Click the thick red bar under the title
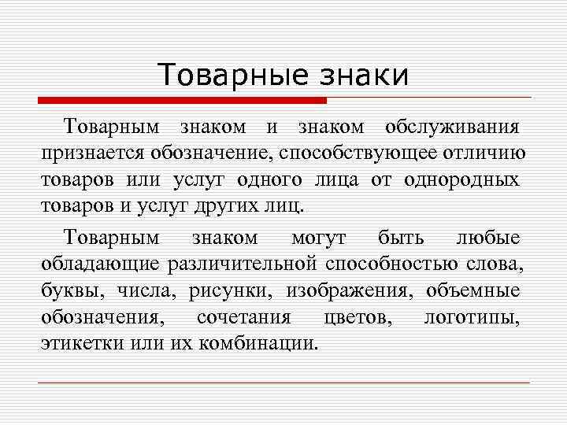(x=182, y=101)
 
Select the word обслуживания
(x=452, y=127)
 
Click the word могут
(x=318, y=236)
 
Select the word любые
(x=488, y=236)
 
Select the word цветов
(x=351, y=317)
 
